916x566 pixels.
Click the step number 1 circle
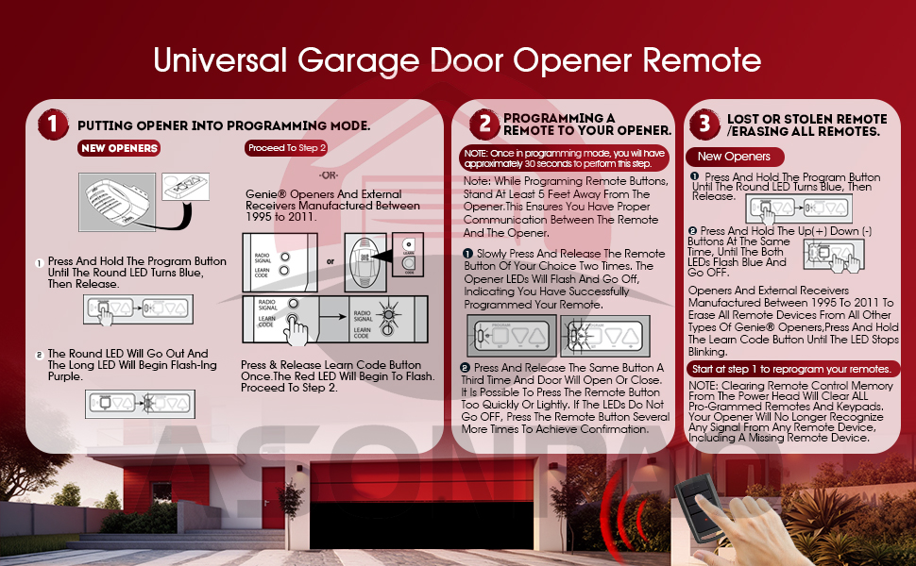(x=53, y=125)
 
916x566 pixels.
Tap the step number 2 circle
(x=484, y=124)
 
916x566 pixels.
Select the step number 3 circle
(x=704, y=125)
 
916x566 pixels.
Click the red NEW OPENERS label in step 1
(x=120, y=148)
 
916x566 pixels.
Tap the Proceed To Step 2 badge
(x=286, y=148)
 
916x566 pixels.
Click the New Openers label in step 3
(x=734, y=157)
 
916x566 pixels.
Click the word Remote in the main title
(x=701, y=60)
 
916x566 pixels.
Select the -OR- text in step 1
(x=330, y=175)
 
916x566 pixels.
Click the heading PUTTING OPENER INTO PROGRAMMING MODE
(x=223, y=125)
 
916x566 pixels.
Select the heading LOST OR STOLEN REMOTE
(x=806, y=125)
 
